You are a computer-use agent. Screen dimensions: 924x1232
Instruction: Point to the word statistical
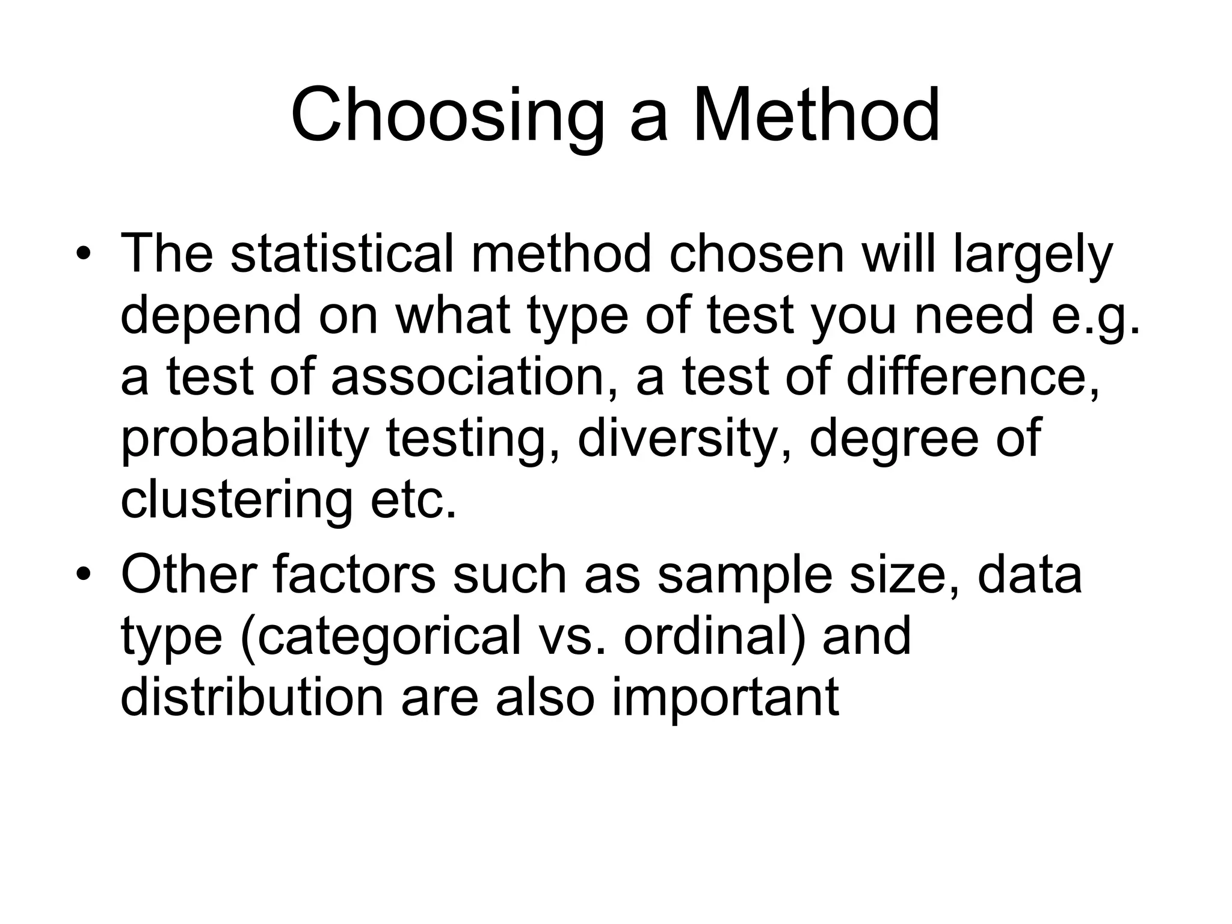click(342, 253)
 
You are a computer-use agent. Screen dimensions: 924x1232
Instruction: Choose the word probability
click(244, 440)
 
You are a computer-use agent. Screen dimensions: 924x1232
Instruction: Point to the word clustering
click(236, 501)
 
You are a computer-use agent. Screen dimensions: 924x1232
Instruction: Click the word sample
click(744, 576)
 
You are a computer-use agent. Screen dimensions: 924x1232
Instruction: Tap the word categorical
click(380, 638)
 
